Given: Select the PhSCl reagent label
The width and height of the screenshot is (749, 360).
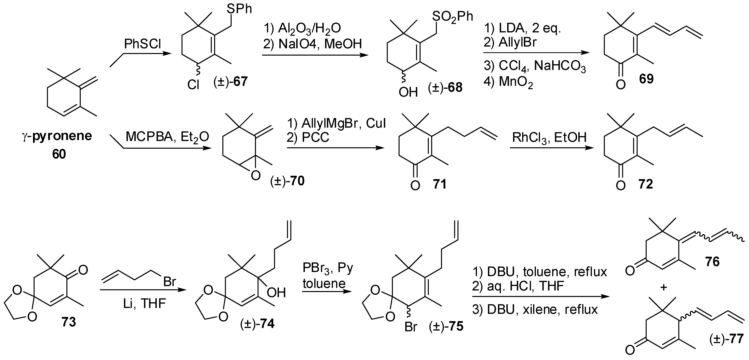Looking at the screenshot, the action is (142, 44).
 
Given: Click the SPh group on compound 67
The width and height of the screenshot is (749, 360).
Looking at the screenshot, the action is (239, 9).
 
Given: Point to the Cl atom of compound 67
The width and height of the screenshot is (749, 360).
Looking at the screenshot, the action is (193, 85).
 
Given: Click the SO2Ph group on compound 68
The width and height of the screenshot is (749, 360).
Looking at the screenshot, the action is (452, 16).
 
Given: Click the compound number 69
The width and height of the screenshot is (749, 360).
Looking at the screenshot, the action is (646, 79).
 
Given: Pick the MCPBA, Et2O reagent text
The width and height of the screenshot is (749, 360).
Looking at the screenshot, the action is (167, 137).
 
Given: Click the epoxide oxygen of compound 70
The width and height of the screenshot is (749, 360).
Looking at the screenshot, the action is (255, 176).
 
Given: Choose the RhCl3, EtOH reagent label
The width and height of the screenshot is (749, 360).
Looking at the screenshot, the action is (549, 137).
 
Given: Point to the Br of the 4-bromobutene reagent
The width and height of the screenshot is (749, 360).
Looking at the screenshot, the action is (170, 281).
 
